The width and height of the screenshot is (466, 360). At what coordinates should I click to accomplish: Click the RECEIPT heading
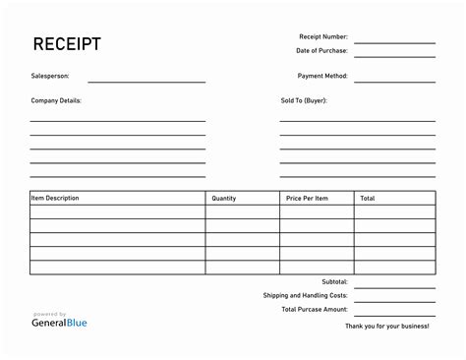tap(66, 45)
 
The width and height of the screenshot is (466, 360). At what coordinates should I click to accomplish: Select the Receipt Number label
tap(322, 37)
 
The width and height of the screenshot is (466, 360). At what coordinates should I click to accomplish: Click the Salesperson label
tap(50, 76)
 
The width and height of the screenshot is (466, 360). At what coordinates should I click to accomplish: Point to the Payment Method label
tap(322, 76)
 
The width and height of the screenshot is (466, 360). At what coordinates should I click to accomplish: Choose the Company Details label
tap(56, 100)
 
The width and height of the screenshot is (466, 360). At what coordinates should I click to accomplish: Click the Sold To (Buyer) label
tap(304, 100)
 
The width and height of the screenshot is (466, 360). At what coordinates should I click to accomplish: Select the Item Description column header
tap(55, 199)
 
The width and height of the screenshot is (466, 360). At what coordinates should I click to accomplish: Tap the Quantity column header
tap(224, 199)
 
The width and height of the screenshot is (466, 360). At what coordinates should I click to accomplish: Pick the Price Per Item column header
tap(307, 199)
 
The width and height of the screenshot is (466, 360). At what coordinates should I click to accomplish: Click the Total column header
tap(367, 199)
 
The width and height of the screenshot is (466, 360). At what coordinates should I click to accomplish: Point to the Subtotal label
tap(334, 281)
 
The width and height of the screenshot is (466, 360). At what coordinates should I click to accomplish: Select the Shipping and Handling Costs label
tap(306, 295)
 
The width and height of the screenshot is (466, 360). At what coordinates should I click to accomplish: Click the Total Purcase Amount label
tap(315, 309)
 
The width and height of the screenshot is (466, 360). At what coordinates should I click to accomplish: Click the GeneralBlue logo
tap(60, 320)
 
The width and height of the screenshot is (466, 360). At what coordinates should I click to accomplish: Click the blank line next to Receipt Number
tap(394, 41)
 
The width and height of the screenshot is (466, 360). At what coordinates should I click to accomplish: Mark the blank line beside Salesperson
tap(146, 80)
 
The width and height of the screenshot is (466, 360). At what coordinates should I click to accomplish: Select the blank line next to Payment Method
tap(394, 80)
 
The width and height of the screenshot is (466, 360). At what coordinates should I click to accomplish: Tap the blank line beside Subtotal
tap(394, 285)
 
